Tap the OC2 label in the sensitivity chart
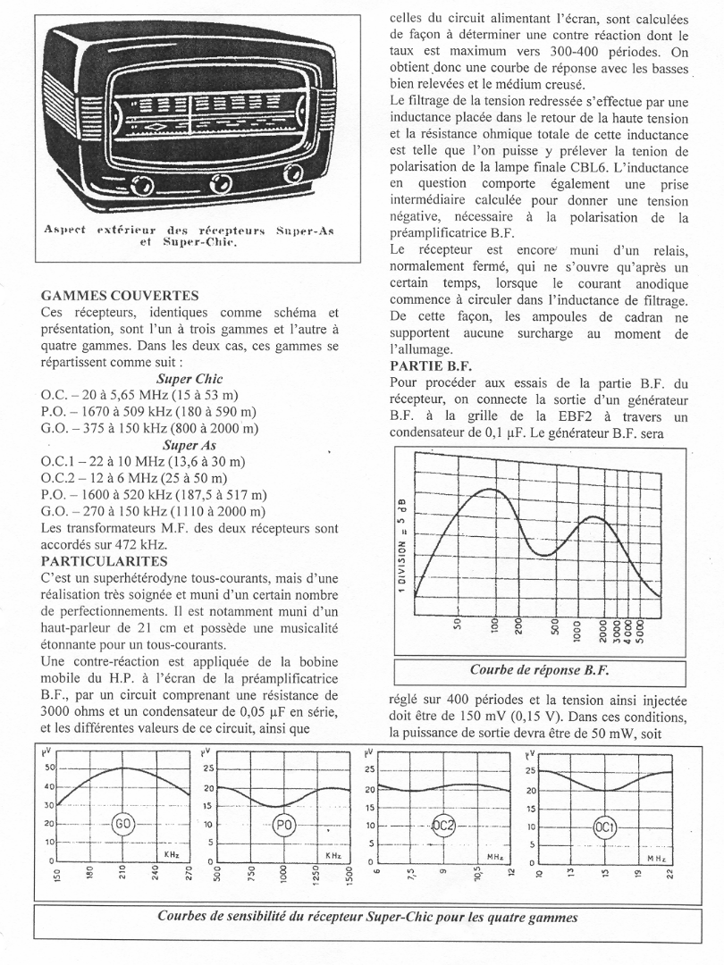click(444, 826)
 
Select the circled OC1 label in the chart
click(605, 827)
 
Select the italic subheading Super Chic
click(189, 379)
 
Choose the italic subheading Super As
click(189, 444)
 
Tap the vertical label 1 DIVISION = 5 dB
click(404, 542)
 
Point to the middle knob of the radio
click(218, 183)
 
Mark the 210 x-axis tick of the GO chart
click(123, 874)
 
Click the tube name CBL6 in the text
click(612, 168)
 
